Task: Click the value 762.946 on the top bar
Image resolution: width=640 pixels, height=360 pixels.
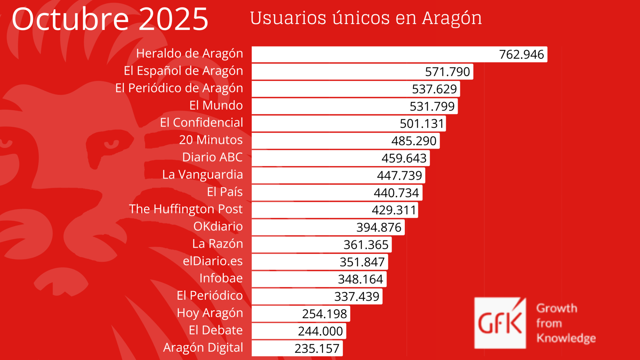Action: pos(521,55)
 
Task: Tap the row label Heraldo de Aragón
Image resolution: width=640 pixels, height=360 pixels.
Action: pos(189,54)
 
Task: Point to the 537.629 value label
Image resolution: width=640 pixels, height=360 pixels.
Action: pos(434,89)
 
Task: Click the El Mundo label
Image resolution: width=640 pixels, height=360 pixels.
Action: pos(216,105)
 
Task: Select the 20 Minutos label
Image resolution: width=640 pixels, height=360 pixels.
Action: pos(210,140)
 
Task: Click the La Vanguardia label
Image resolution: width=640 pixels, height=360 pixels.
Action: pos(202,175)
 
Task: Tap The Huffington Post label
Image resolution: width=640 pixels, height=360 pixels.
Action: pos(186,209)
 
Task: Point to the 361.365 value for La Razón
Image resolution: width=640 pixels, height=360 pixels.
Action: pos(366,245)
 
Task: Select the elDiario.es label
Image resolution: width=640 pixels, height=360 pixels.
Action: pos(212,261)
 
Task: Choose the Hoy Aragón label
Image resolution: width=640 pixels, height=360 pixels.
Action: pos(210,313)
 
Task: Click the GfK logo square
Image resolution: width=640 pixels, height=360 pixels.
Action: pos(500,323)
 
